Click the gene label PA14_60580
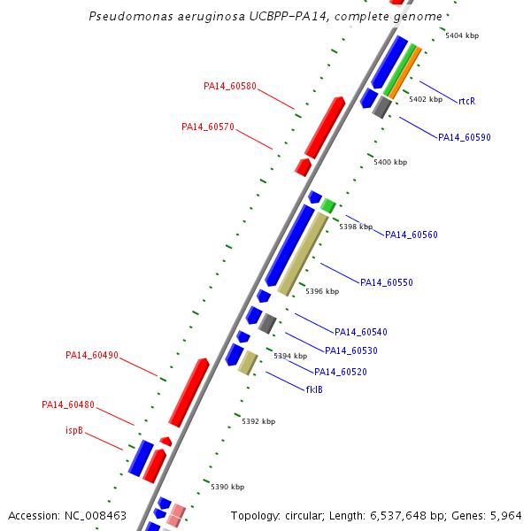pos(230,86)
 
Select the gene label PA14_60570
pos(208,127)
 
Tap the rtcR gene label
pos(466,101)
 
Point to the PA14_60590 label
pos(465,137)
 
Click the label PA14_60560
pos(412,235)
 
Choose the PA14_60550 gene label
pos(387,282)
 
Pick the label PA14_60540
pos(361,332)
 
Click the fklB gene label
pos(314,389)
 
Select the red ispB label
pos(74,430)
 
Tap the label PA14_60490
pos(92,355)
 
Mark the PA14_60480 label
pos(68,404)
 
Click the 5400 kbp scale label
pos(390,162)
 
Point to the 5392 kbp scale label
pos(258,421)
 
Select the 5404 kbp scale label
pos(462,35)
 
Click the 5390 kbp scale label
pos(227,487)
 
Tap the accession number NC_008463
pos(96,516)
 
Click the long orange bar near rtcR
pos(405,73)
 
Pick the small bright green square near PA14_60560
pos(327,206)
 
